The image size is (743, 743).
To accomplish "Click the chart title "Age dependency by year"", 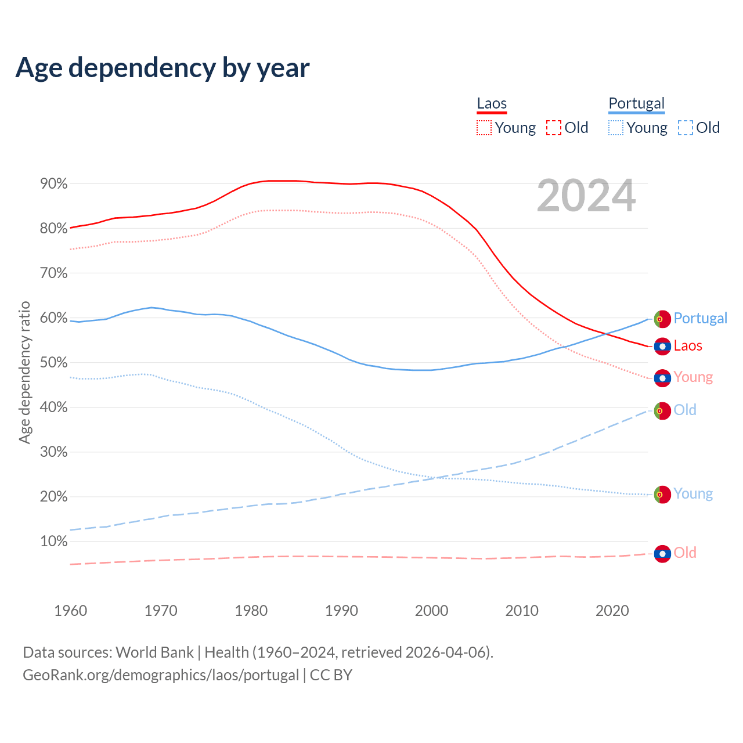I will click(163, 67).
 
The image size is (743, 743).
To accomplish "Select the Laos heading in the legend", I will click(492, 103).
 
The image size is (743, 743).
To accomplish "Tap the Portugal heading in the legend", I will click(636, 103).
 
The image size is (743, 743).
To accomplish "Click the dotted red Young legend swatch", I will click(484, 128).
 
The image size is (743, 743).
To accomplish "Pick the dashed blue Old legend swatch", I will click(685, 128).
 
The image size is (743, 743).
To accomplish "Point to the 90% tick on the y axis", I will click(54, 184).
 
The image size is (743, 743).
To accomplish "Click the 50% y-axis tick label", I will click(54, 363).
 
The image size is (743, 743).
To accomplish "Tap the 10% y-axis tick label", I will click(54, 542).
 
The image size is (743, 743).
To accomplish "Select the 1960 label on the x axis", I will click(70, 611).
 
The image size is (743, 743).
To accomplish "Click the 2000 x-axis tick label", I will click(432, 611).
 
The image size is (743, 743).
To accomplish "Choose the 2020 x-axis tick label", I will click(612, 611).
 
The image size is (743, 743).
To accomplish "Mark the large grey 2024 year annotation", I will click(586, 196).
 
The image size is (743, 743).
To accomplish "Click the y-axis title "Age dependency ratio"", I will click(24, 372).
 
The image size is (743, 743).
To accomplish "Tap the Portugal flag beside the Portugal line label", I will click(662, 319).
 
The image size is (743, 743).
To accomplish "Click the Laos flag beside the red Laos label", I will click(662, 347).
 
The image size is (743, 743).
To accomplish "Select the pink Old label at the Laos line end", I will click(685, 553).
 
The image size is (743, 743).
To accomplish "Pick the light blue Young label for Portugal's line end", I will click(693, 494).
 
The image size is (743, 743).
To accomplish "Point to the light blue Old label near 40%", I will click(685, 410).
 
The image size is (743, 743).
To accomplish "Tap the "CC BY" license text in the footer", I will click(331, 675).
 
